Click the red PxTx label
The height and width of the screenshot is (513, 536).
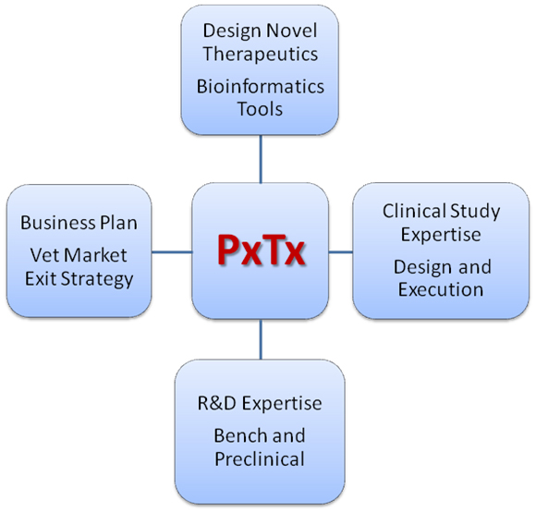pos(261,250)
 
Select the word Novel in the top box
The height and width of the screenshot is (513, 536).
pos(292,31)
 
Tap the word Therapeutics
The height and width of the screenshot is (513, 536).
pos(260,54)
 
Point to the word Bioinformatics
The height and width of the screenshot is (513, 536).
pos(260,86)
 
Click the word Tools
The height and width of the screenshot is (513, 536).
pos(260,109)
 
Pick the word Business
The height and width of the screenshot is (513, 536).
pos(58,223)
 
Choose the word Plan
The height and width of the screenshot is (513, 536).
pos(118,223)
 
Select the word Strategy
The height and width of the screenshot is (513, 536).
pos(97,279)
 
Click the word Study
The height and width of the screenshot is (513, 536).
pos(476,212)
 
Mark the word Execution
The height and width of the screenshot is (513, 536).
pos(441,289)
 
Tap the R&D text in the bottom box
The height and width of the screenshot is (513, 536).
pos(217,403)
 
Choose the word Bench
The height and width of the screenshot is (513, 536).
pos(240,435)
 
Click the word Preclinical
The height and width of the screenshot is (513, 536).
pos(260,458)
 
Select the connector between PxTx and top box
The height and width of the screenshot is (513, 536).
pos(261,159)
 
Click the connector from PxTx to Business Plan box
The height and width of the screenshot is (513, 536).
pos(172,252)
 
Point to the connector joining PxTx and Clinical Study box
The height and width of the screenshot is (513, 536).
pos(340,252)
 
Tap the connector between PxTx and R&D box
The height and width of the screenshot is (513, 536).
pos(261,339)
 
